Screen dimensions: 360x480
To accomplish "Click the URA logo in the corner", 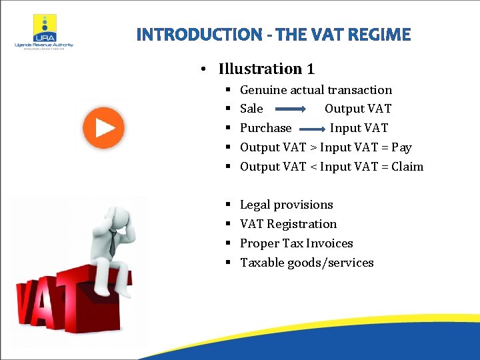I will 44,31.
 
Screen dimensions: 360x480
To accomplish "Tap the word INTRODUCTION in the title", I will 199,35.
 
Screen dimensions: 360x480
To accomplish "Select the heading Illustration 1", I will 266,69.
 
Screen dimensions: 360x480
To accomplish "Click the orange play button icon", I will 103,127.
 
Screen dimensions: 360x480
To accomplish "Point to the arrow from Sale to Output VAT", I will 289,109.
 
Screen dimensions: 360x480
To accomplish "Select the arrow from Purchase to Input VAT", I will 312,128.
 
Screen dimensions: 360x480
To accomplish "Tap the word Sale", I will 251,109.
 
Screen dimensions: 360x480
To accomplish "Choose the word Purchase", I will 265,128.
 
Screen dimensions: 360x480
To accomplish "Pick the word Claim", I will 407,167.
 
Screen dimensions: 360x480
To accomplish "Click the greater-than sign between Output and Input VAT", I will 313,147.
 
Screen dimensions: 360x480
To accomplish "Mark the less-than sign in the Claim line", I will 313,167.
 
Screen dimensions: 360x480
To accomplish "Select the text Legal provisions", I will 286,205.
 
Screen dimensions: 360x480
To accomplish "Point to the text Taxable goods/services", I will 307,263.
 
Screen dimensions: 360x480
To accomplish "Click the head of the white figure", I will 121,216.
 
